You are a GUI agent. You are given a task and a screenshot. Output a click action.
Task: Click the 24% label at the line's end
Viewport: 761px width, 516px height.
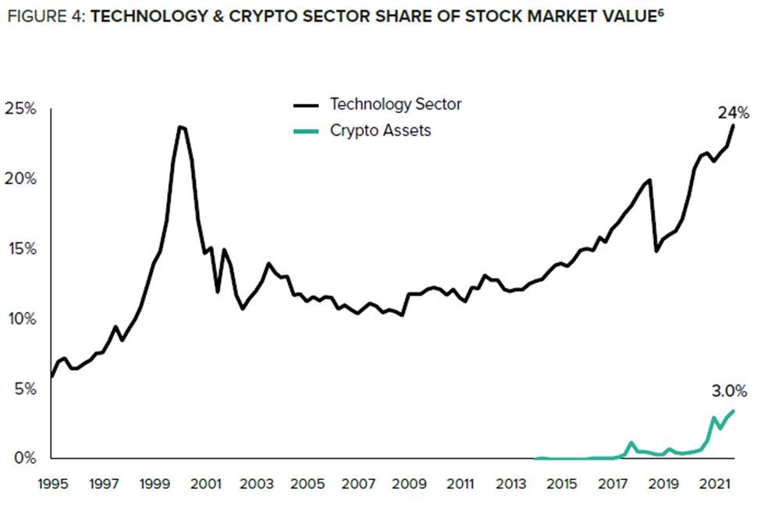click(733, 112)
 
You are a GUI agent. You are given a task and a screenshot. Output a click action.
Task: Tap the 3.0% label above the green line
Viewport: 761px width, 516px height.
click(730, 390)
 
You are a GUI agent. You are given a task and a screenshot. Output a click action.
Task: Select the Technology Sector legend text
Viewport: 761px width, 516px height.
click(397, 104)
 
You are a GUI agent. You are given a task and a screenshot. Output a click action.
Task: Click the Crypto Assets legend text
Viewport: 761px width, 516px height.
click(380, 130)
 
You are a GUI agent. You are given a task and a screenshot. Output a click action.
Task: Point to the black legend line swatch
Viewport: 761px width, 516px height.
click(306, 105)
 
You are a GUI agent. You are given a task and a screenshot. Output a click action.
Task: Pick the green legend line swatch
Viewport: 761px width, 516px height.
click(306, 131)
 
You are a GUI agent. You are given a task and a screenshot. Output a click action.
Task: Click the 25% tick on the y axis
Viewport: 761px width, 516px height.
click(20, 109)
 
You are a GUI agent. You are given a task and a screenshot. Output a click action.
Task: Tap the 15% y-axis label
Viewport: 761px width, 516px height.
click(20, 248)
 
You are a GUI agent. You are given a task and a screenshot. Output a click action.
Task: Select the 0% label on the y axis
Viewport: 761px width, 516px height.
click(24, 458)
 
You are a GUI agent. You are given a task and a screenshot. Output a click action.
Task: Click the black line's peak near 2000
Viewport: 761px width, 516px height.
click(180, 126)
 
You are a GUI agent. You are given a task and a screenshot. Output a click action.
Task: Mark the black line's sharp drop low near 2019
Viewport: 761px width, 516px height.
click(656, 251)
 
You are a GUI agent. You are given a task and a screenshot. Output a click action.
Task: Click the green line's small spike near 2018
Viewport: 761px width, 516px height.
click(631, 443)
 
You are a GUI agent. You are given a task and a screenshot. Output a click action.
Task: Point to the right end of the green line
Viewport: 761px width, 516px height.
click(733, 411)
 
